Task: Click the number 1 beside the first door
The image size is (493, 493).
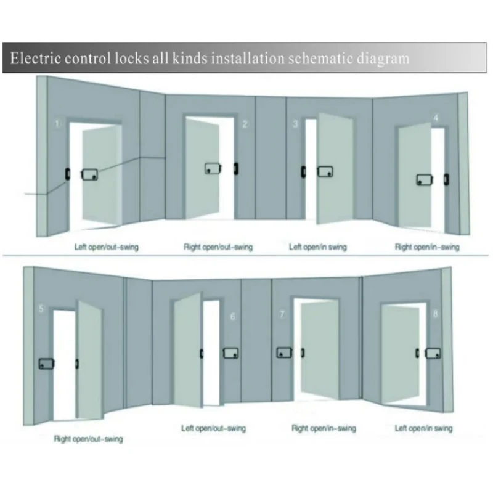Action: [57, 124]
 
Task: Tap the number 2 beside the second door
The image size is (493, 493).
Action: [245, 124]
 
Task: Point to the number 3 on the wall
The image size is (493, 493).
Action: [295, 124]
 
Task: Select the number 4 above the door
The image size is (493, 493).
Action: [436, 118]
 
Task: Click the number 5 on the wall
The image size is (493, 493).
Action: [41, 309]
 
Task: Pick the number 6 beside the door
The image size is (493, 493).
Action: [233, 316]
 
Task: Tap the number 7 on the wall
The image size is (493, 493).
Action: [282, 314]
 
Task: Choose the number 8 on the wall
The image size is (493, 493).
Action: [436, 314]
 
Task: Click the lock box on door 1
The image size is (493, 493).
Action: [89, 174]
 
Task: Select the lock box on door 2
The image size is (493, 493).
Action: [213, 168]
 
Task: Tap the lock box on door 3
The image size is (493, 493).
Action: [325, 172]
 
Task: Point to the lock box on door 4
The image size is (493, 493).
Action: [425, 180]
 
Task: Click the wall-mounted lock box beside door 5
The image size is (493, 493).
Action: [47, 364]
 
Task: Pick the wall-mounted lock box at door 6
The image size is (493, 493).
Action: [230, 353]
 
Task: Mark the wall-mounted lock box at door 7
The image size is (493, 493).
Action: [284, 352]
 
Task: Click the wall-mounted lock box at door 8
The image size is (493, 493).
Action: [433, 353]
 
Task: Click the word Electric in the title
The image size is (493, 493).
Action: [35, 59]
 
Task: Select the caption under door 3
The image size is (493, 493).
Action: [318, 247]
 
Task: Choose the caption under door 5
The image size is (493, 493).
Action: [88, 439]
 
